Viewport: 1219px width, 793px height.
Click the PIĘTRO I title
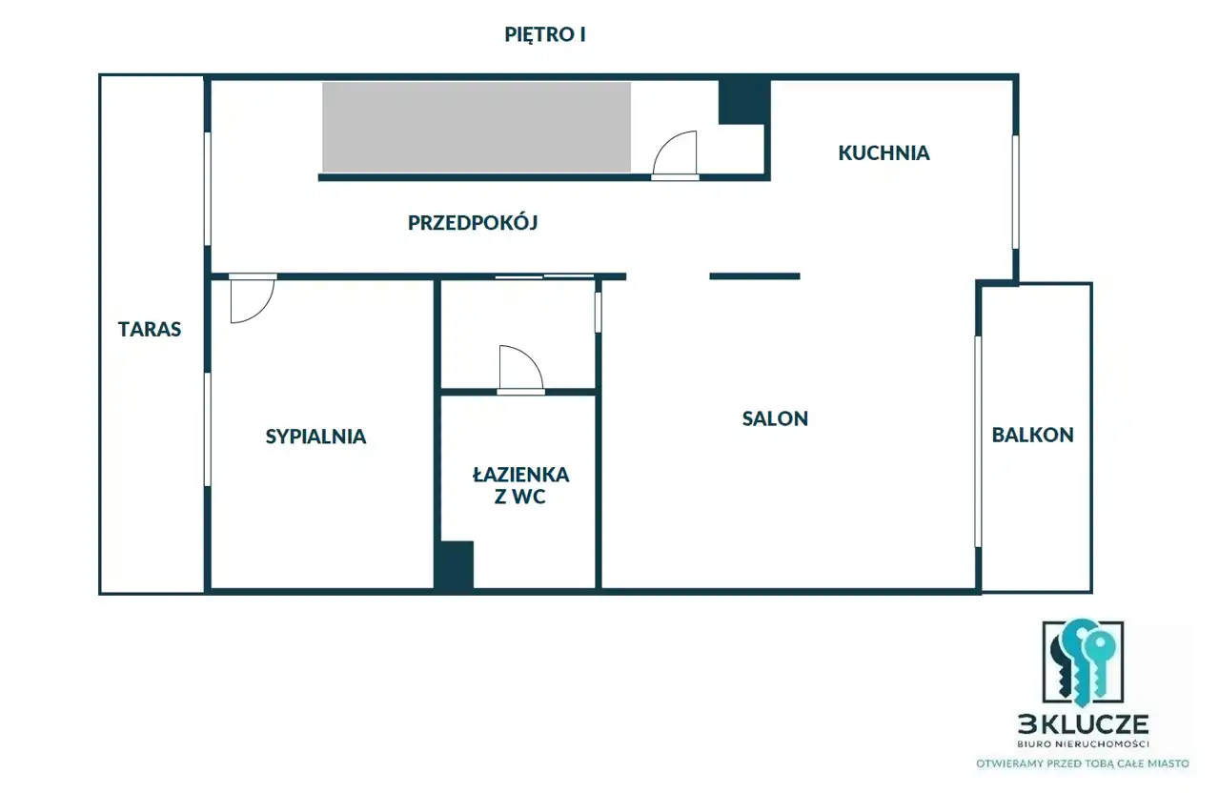coord(545,34)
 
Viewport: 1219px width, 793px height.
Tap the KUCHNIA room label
coord(884,152)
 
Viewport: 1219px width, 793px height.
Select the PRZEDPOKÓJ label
coord(473,222)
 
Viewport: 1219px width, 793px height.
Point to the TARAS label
coord(150,329)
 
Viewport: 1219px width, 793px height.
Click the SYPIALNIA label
coord(315,437)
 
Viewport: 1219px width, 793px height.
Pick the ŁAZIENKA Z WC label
coord(520,485)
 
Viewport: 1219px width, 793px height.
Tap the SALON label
coord(775,418)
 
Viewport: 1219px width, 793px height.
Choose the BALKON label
coord(1033,435)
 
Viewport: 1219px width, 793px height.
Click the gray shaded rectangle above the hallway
coord(477,128)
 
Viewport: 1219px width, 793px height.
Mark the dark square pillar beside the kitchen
coord(744,102)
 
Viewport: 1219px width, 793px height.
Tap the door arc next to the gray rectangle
coord(666,143)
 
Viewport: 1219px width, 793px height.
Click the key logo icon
coord(1083,662)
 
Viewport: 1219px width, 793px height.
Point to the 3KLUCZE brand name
coord(1083,724)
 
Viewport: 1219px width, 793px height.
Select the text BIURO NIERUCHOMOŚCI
coord(1083,744)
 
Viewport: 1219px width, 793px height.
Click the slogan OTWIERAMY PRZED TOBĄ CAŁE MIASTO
coord(1083,763)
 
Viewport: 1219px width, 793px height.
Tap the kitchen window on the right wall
coord(1015,193)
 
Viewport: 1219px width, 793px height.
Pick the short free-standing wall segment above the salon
coord(755,276)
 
